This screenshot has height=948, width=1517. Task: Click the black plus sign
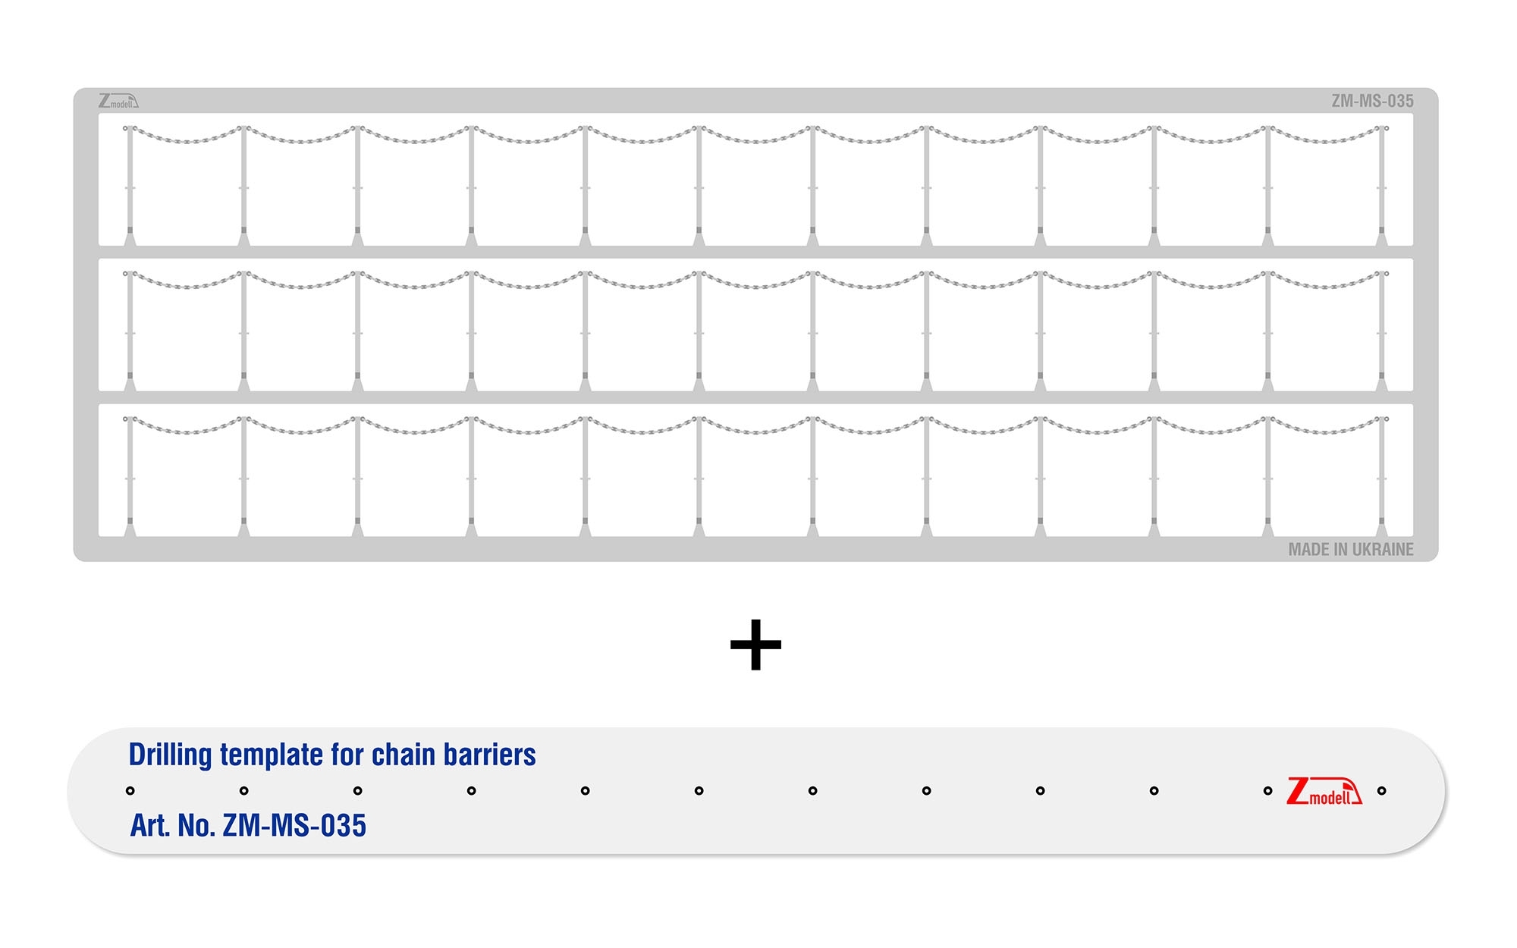[x=755, y=645]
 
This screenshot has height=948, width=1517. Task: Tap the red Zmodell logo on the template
[x=1324, y=791]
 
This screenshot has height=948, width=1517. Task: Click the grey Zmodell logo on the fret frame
[x=118, y=101]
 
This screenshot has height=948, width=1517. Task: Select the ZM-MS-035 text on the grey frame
[x=1372, y=101]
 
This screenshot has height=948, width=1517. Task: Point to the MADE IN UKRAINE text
[x=1351, y=550]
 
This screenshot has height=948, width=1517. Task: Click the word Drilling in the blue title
[x=171, y=755]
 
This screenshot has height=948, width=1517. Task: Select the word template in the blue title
[x=272, y=756]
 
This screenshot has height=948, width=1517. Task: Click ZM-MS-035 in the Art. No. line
[x=294, y=825]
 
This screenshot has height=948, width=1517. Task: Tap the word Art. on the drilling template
[x=150, y=825]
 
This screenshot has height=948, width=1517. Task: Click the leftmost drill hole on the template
[x=130, y=791]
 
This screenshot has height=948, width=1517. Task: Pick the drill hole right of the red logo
[x=1381, y=791]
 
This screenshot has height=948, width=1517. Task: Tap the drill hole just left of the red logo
[x=1267, y=791]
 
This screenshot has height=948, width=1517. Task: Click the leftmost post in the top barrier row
[x=130, y=186]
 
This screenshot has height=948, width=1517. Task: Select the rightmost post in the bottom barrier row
[x=1381, y=477]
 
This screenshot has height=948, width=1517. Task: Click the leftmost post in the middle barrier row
[x=130, y=331]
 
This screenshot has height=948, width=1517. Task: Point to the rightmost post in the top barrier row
[x=1381, y=186]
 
